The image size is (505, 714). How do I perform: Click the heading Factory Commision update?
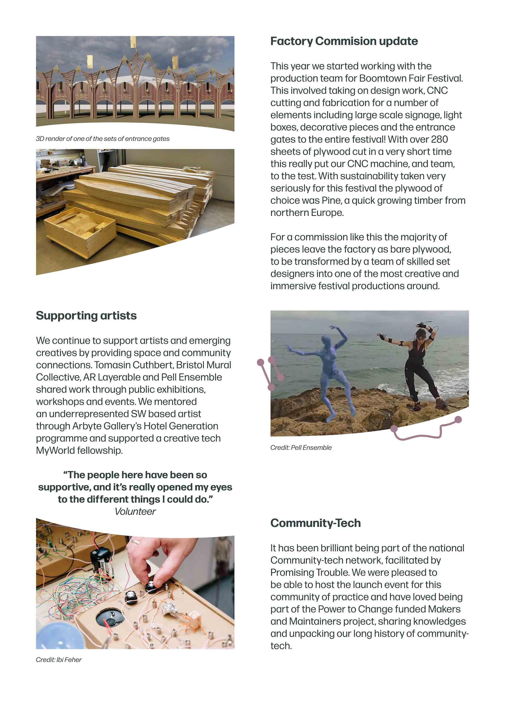click(x=344, y=41)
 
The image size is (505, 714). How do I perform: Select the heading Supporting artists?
click(x=86, y=316)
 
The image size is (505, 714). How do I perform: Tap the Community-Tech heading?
click(x=316, y=523)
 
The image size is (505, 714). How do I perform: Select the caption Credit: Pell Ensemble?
click(x=301, y=447)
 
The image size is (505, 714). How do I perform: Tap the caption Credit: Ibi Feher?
click(x=59, y=659)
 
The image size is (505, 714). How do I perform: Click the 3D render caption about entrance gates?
click(x=103, y=139)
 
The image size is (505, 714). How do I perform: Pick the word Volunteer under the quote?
click(x=135, y=512)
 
